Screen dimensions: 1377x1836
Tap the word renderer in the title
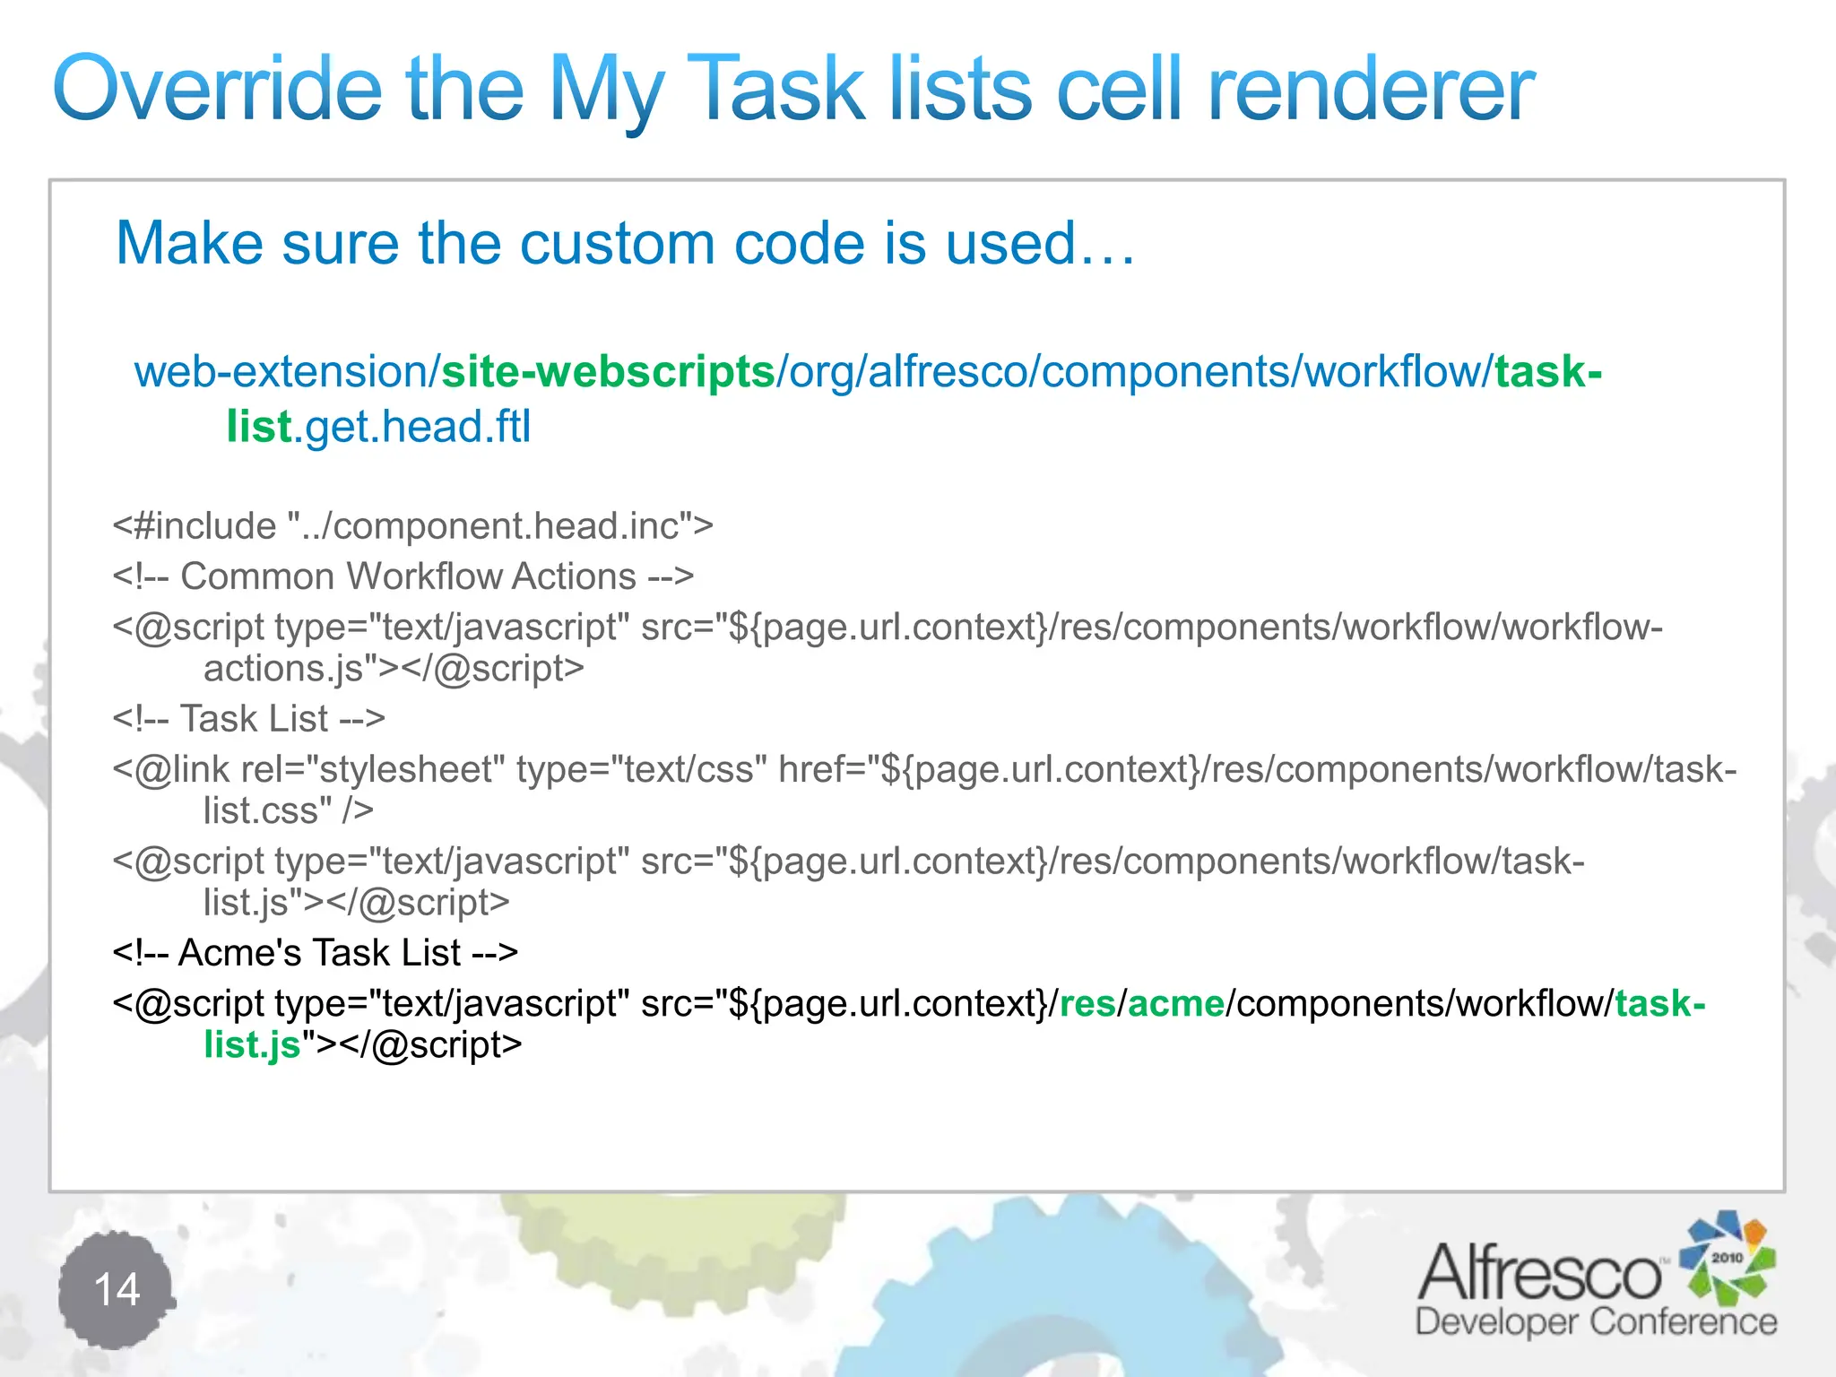pyautogui.click(x=1371, y=89)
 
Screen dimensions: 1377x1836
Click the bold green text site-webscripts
pyautogui.click(x=608, y=371)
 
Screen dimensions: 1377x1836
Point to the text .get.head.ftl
pyautogui.click(x=412, y=427)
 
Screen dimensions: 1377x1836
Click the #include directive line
pyautogui.click(x=412, y=525)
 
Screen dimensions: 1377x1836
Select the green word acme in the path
pyautogui.click(x=1175, y=1003)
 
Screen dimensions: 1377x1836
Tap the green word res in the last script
pyautogui.click(x=1087, y=1003)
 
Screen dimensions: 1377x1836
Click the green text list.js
pyautogui.click(x=252, y=1044)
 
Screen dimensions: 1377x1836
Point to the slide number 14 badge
pyautogui.click(x=117, y=1290)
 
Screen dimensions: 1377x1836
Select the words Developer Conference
pyautogui.click(x=1595, y=1322)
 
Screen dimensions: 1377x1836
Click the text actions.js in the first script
pyautogui.click(x=282, y=669)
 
